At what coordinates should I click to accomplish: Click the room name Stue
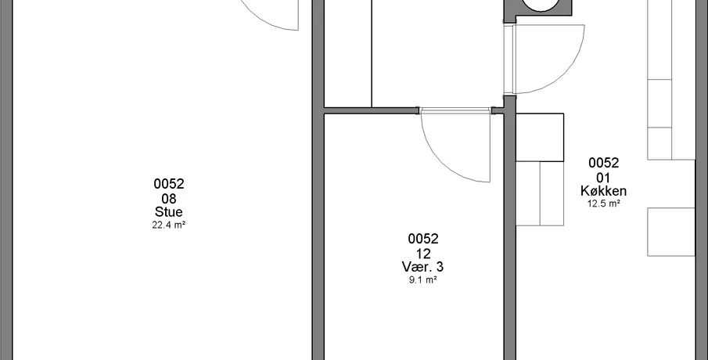click(169, 212)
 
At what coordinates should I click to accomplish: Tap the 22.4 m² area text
click(169, 225)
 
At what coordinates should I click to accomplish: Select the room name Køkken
click(603, 191)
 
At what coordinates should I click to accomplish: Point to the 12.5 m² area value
click(603, 203)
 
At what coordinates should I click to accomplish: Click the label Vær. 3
click(422, 267)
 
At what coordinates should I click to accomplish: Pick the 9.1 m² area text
click(422, 279)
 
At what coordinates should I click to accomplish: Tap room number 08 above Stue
click(169, 198)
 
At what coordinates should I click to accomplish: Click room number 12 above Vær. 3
click(422, 253)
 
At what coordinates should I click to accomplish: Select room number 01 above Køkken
click(603, 178)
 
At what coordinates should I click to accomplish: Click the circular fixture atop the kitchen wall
click(539, 5)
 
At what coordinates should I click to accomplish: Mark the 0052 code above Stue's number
click(169, 184)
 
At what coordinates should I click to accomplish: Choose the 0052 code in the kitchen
click(603, 163)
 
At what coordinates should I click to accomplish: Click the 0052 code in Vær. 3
click(422, 239)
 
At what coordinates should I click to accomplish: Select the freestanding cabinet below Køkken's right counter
click(671, 232)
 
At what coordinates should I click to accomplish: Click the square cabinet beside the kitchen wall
click(540, 137)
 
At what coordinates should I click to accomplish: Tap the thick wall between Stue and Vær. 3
click(318, 181)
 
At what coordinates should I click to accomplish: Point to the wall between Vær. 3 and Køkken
click(510, 228)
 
